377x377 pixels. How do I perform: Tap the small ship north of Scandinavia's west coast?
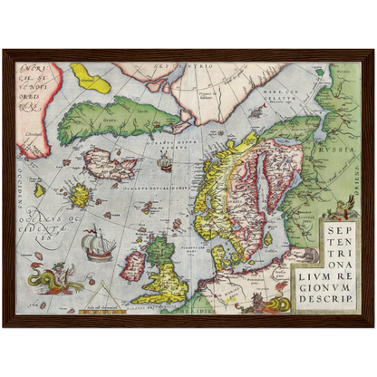165,164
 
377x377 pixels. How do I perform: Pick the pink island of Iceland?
109,165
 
